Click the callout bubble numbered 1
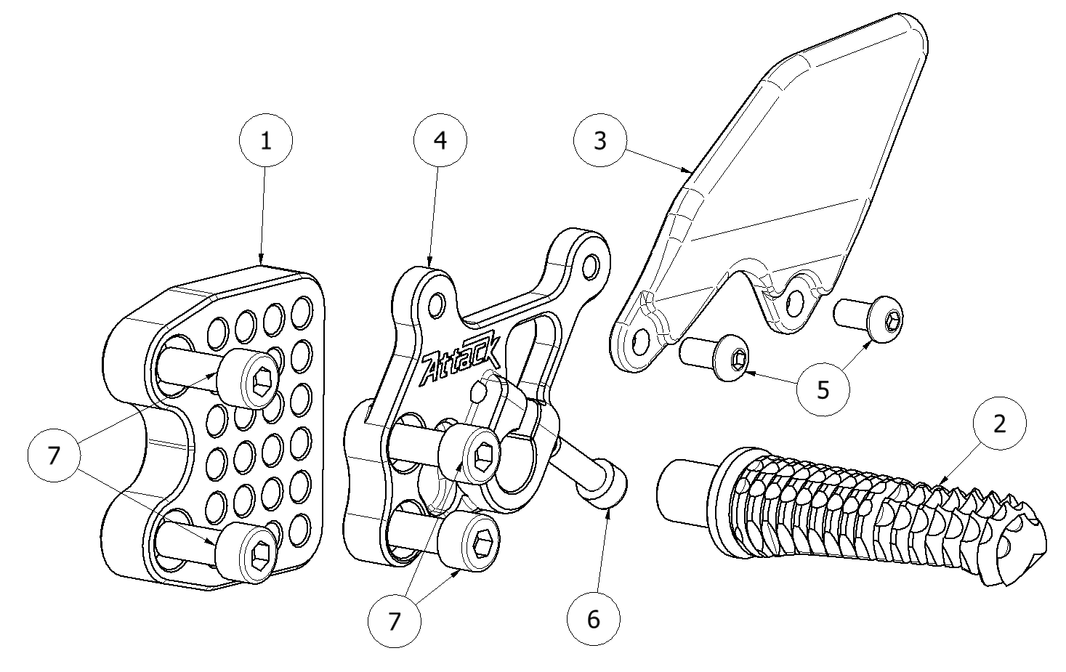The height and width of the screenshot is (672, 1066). coord(266,141)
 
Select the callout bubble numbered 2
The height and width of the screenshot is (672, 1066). coord(999,424)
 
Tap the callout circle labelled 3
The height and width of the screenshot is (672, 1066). coord(600,140)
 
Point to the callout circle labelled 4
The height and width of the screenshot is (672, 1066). coord(440,141)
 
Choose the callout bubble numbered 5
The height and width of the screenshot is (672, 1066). coord(823,389)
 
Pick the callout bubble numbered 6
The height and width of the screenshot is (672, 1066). coord(594,620)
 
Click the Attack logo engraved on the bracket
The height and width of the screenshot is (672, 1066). coord(460,363)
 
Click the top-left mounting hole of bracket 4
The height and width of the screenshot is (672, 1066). coord(437,301)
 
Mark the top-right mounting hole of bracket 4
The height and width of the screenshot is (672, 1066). coord(593,263)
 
